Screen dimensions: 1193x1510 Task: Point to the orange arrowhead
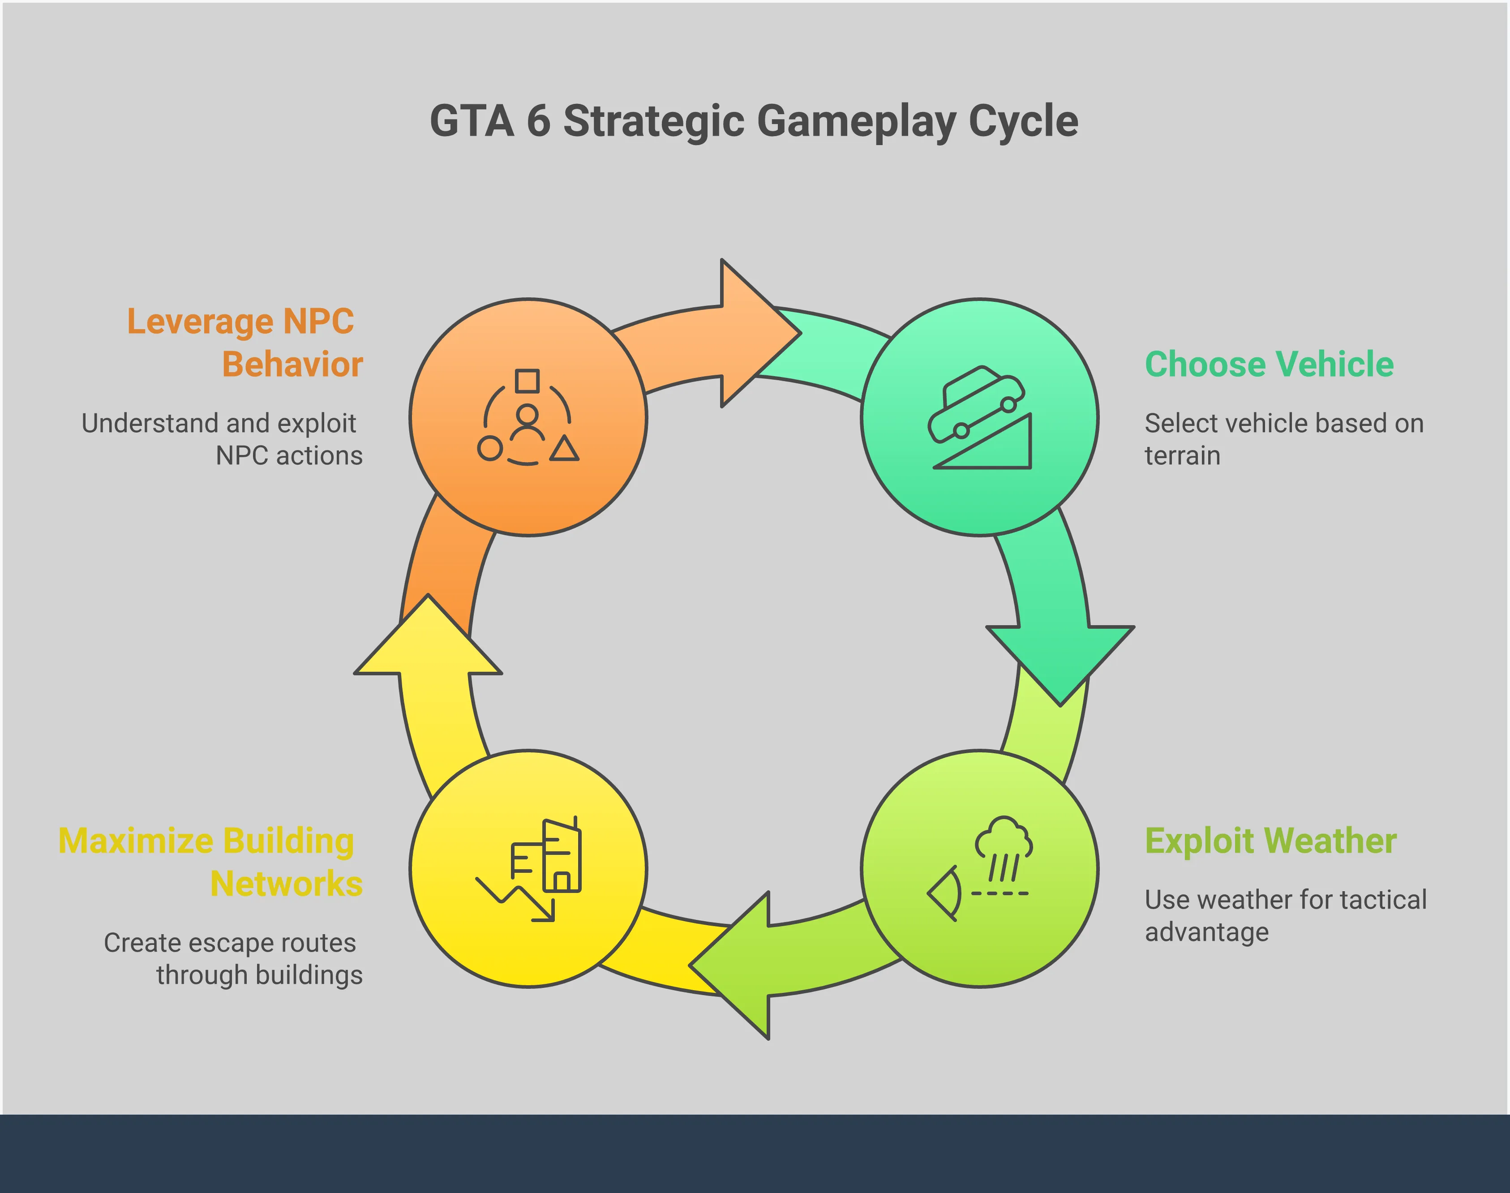pyautogui.click(x=758, y=333)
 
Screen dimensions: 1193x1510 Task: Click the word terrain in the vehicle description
pyautogui.click(x=1182, y=456)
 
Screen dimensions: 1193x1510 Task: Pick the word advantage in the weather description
pyautogui.click(x=1206, y=932)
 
